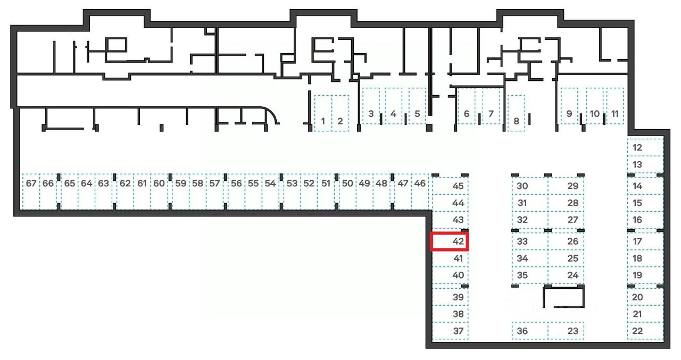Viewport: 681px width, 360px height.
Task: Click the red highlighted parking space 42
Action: (449, 241)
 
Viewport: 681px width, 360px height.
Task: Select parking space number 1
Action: (323, 113)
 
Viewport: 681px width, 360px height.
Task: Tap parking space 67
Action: (31, 191)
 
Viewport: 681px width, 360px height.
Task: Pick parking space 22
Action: (644, 331)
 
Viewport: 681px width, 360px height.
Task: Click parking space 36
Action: (529, 331)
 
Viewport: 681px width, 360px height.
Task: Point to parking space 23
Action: (566, 331)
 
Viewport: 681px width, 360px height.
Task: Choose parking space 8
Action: (516, 113)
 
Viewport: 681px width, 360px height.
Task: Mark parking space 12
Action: (644, 147)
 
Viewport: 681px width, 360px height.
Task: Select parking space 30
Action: (530, 186)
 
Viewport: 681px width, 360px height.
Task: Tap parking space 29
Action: (566, 186)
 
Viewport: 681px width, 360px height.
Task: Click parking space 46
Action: (420, 191)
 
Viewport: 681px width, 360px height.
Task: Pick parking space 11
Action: (615, 106)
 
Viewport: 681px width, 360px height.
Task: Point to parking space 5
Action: (417, 106)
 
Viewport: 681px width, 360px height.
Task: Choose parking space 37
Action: (450, 331)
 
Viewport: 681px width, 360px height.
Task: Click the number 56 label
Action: (236, 183)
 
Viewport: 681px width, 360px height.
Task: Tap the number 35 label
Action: (522, 275)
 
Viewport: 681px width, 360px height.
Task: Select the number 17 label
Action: (637, 241)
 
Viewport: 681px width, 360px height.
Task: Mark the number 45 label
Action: (458, 186)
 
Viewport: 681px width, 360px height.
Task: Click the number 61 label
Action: (142, 183)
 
